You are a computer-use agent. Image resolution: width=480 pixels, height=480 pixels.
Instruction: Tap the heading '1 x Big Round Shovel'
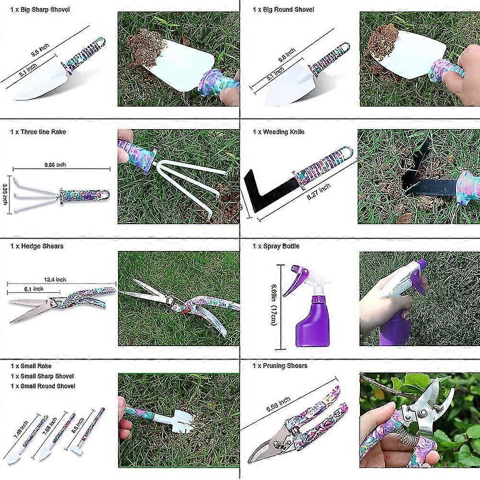(x=283, y=10)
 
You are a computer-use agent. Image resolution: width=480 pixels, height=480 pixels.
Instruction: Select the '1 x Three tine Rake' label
(x=38, y=132)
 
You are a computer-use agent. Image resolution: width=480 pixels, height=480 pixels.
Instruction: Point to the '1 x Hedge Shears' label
(x=36, y=246)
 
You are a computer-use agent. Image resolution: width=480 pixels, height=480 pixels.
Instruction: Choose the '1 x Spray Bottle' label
(x=276, y=246)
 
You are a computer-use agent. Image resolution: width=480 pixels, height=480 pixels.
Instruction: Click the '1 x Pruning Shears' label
(x=280, y=366)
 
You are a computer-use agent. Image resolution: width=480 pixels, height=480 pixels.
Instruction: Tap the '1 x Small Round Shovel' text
(x=42, y=386)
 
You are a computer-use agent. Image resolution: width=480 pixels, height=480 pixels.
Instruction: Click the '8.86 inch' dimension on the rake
(x=55, y=165)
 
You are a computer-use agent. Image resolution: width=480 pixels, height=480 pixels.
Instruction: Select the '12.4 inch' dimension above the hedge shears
(x=54, y=280)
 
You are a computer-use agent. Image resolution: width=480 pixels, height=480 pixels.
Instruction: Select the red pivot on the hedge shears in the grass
(x=183, y=310)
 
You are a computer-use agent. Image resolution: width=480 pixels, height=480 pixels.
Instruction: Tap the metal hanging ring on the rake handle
(x=105, y=194)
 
